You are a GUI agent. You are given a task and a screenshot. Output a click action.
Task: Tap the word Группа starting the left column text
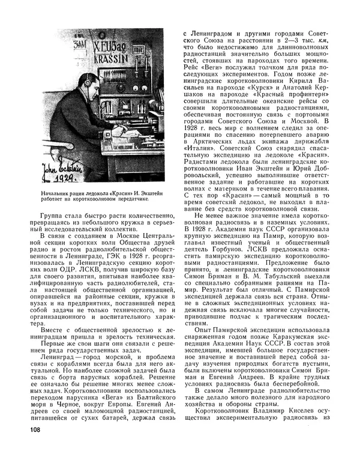point(52,216)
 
